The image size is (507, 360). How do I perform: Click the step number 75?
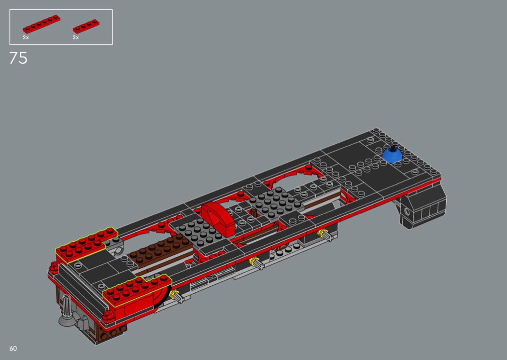click(18, 58)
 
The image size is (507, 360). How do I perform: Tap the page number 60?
click(13, 348)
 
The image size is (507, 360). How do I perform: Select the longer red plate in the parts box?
click(42, 24)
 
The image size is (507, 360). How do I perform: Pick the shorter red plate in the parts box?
click(86, 27)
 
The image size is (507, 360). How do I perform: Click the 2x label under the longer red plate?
click(26, 38)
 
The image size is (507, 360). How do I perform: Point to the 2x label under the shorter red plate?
click(76, 38)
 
